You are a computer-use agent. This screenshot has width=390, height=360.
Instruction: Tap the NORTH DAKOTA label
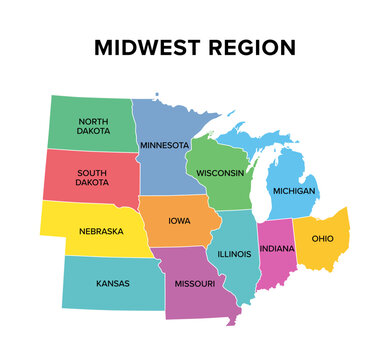pos(94,126)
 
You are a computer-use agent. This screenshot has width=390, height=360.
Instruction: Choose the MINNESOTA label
pos(163,145)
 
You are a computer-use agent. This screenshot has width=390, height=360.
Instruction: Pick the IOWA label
pos(181,222)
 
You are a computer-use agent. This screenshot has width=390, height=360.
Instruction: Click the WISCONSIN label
pos(220,173)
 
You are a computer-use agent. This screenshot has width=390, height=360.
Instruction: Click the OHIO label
pos(323,239)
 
